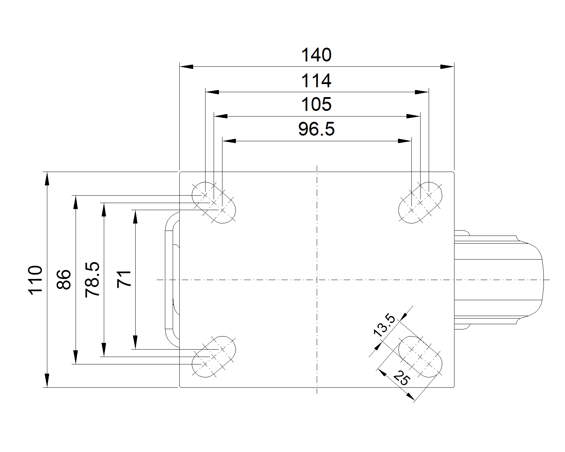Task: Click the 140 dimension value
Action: click(x=316, y=55)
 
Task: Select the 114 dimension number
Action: click(x=316, y=81)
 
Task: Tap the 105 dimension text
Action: click(x=316, y=105)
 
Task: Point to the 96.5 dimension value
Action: click(x=316, y=129)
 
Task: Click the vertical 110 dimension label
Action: click(x=36, y=280)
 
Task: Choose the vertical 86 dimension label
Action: click(x=64, y=280)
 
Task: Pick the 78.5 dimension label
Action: click(x=93, y=280)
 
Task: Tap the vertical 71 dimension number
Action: click(x=124, y=279)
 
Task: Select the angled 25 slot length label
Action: click(x=402, y=377)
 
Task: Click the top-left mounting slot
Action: click(x=213, y=203)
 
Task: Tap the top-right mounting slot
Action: click(x=420, y=203)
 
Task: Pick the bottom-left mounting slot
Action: click(x=213, y=357)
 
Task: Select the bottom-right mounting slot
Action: click(x=420, y=357)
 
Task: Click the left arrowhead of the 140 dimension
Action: click(x=186, y=66)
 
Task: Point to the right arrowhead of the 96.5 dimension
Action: click(x=405, y=141)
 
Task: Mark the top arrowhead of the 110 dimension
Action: click(x=47, y=178)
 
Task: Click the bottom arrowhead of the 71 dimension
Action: click(x=135, y=342)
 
